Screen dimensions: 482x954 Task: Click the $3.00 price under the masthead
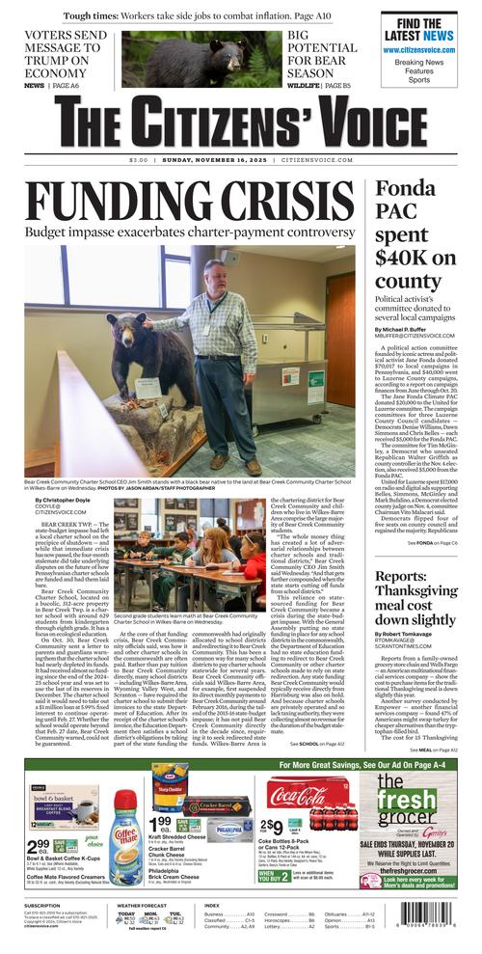click(x=139, y=160)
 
